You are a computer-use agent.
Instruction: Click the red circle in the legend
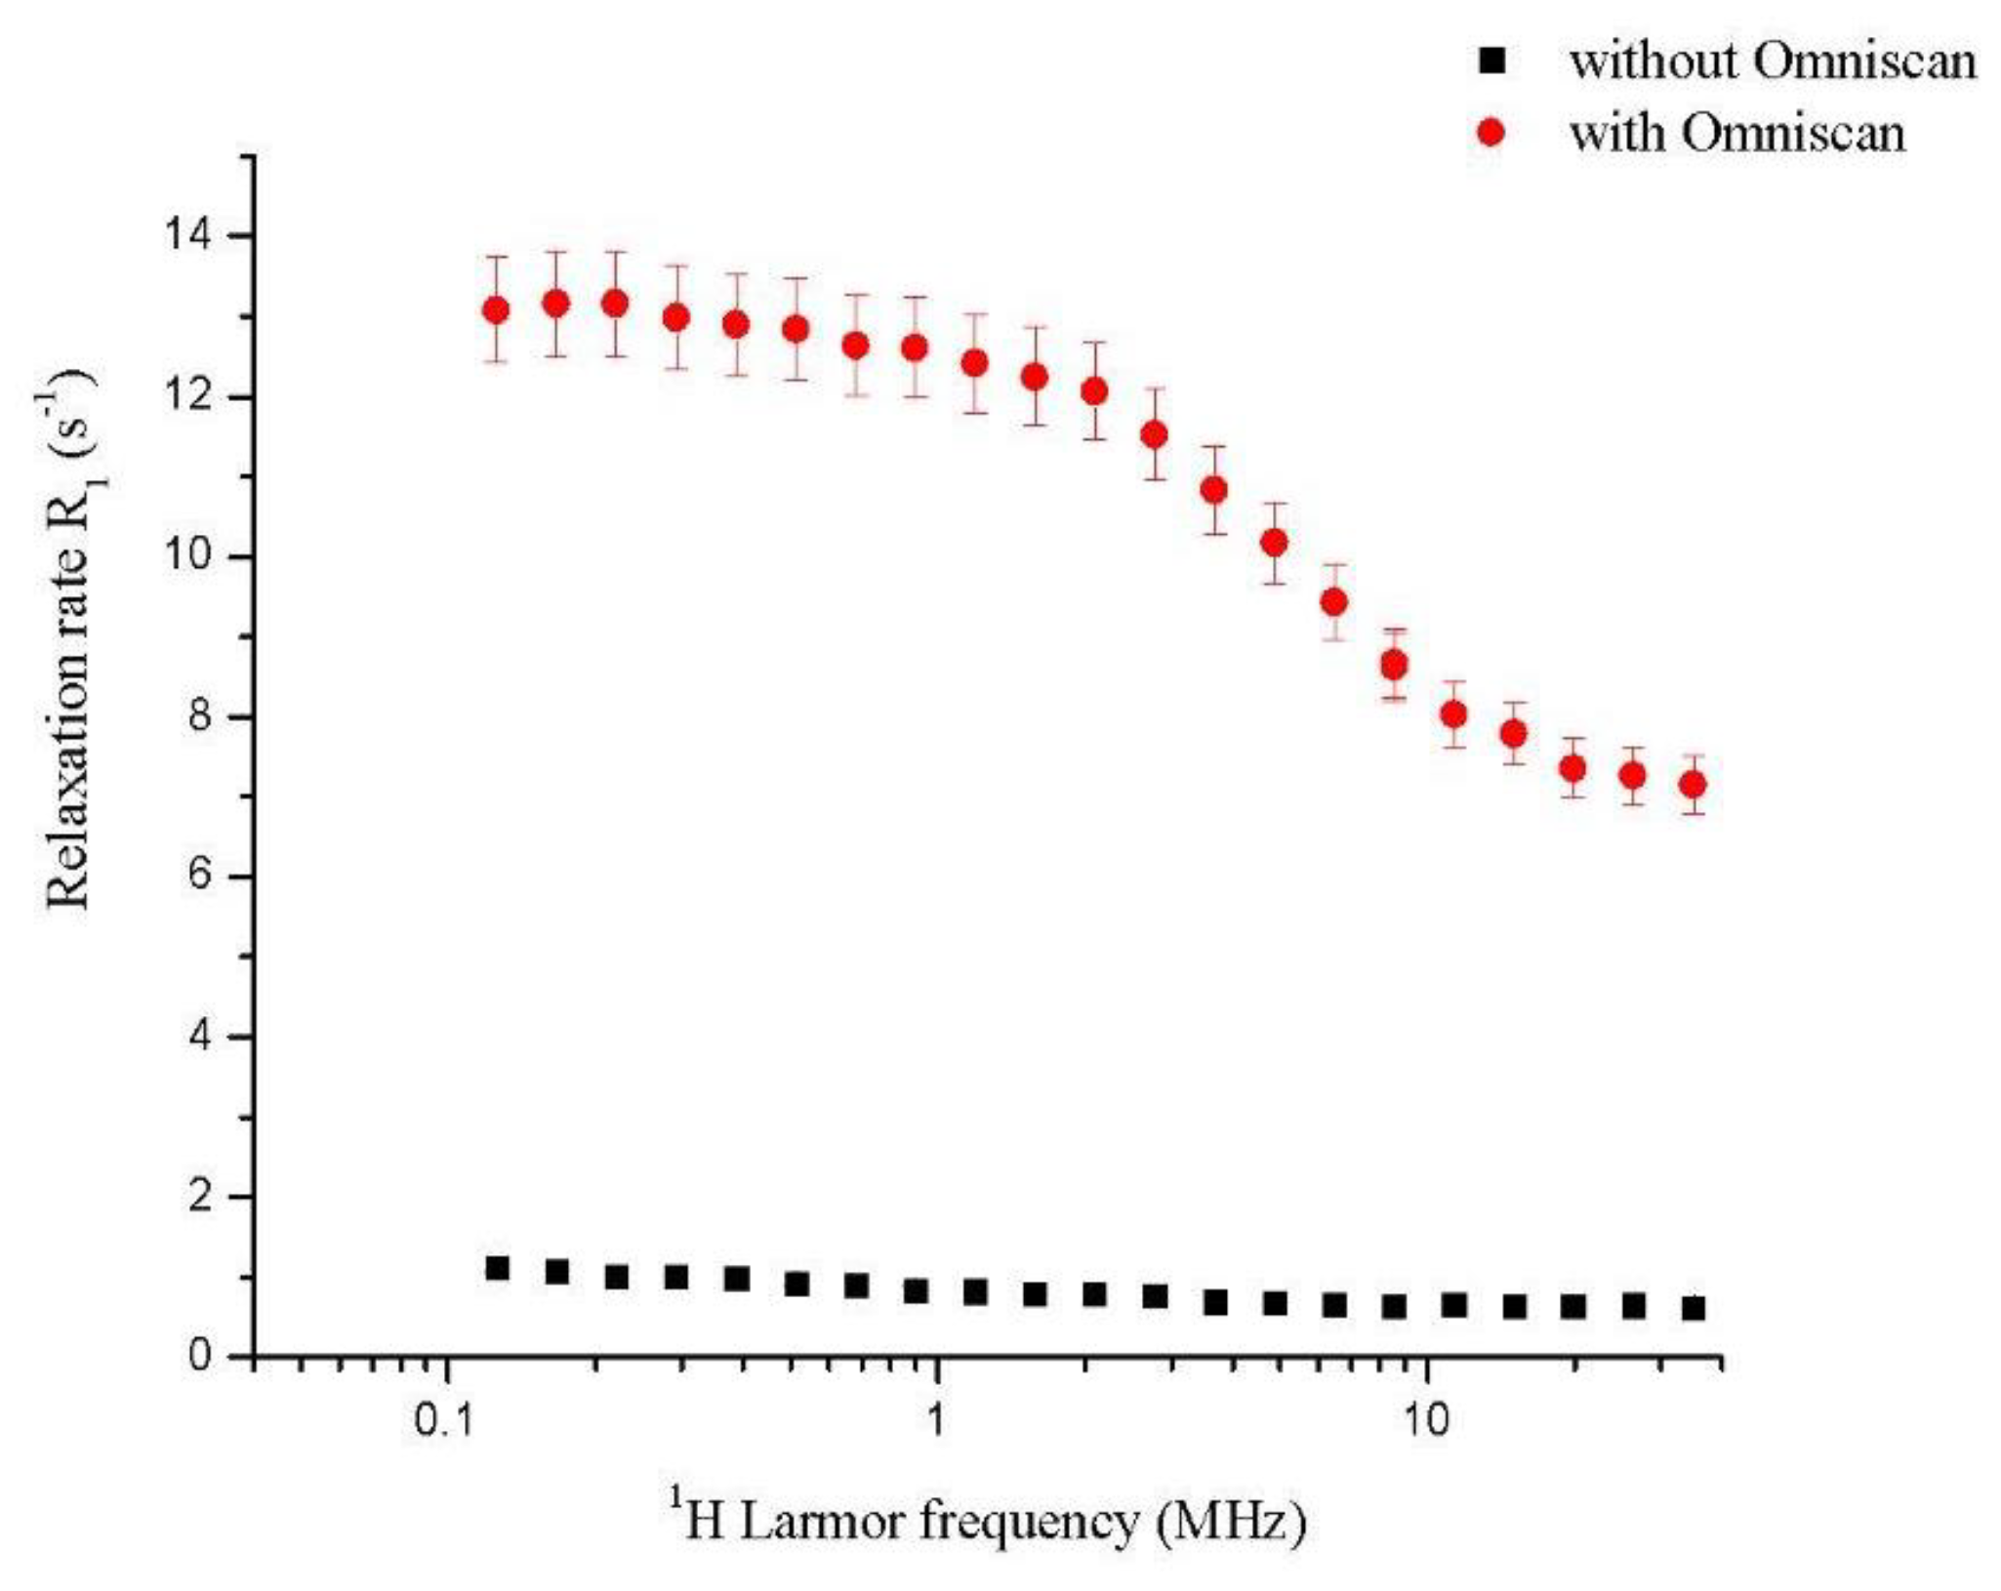click(x=1491, y=132)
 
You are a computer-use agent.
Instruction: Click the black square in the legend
click(x=1492, y=61)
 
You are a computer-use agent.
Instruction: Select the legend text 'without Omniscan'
click(x=1773, y=61)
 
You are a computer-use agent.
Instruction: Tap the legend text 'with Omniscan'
click(x=1736, y=133)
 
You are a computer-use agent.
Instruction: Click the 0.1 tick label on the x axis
click(x=444, y=1421)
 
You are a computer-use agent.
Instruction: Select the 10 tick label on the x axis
click(x=1427, y=1421)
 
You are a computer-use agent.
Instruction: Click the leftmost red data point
click(x=496, y=310)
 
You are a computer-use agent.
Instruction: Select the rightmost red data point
click(x=1694, y=784)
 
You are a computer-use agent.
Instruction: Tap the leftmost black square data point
click(x=497, y=1268)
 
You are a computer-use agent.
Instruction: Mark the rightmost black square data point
click(x=1694, y=1308)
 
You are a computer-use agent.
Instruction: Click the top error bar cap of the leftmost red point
click(x=496, y=257)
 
